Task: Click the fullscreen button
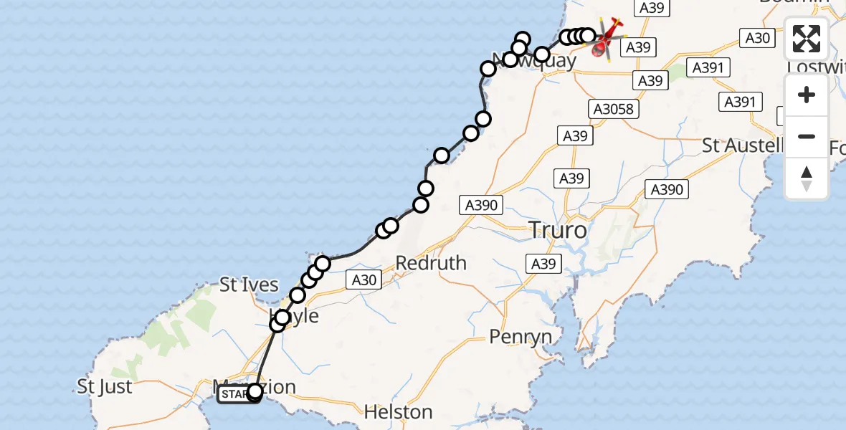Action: tap(807, 39)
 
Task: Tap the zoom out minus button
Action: tap(807, 136)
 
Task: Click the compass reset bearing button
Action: tap(807, 178)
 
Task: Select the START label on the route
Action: tap(233, 393)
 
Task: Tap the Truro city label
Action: tap(557, 231)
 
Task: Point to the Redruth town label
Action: tap(431, 263)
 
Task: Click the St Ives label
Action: tap(249, 285)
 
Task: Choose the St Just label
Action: tap(105, 388)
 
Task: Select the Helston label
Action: tap(398, 412)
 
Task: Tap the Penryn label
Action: tap(521, 336)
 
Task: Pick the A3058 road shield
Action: tap(614, 109)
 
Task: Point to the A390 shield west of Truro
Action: tap(480, 206)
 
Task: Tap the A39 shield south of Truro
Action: tap(543, 264)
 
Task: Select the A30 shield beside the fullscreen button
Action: tap(757, 38)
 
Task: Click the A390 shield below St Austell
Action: tap(667, 189)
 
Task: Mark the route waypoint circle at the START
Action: tap(255, 391)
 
